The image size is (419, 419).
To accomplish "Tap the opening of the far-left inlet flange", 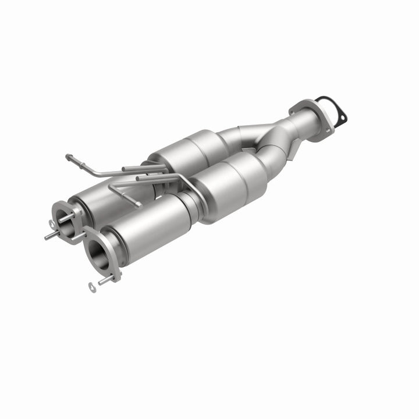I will (65, 216).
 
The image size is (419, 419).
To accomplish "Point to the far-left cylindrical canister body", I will (99, 198).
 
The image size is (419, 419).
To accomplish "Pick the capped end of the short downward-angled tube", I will (139, 204).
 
